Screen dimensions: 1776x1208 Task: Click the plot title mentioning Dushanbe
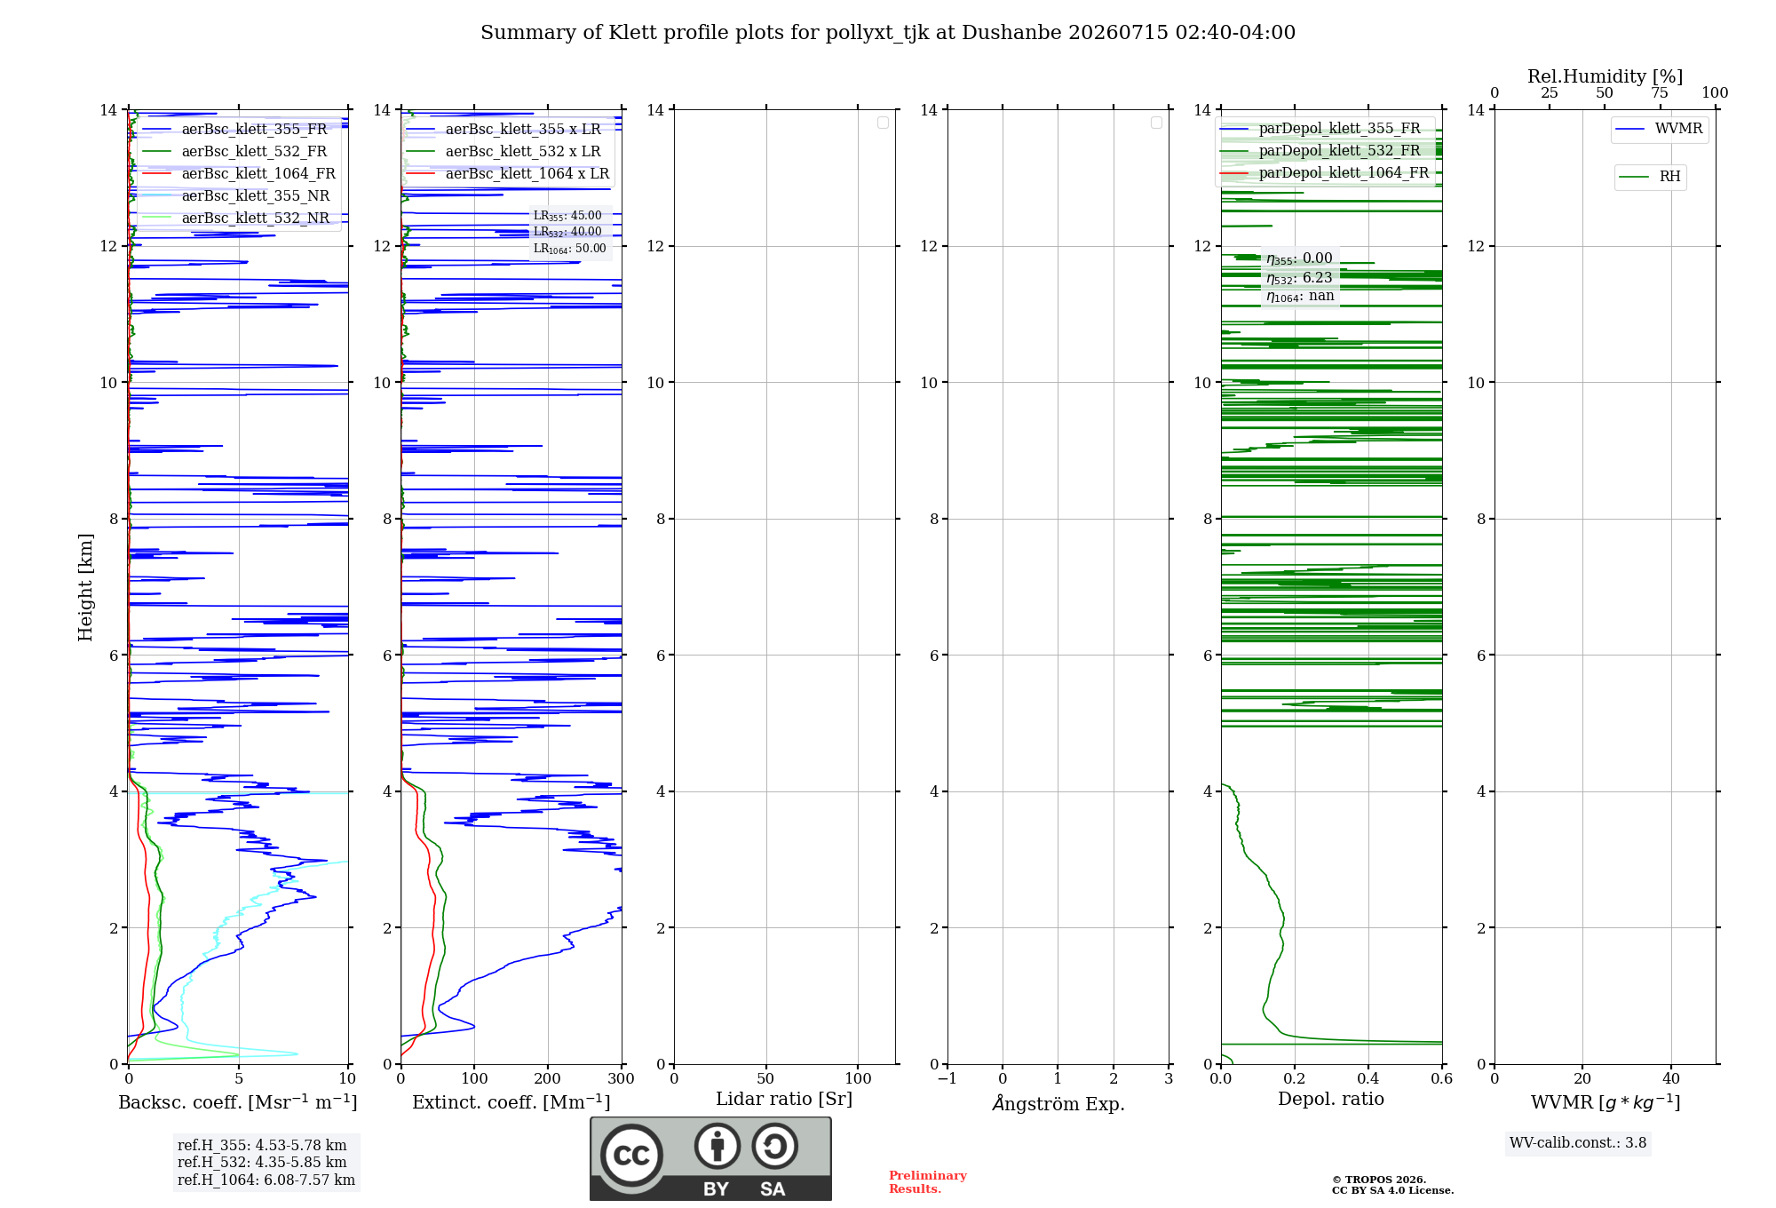pos(888,33)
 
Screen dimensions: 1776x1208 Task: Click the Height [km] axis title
pos(85,586)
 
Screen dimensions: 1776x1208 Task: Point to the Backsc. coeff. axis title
pos(238,1102)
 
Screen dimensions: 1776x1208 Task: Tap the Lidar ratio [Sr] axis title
pos(784,1100)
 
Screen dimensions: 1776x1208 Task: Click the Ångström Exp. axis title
pos(1058,1102)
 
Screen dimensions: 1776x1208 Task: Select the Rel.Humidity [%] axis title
pos(1606,76)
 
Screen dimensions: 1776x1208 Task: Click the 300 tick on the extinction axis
pos(622,1079)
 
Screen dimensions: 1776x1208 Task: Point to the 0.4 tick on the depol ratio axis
pos(1368,1079)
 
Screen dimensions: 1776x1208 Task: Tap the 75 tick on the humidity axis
pos(1660,93)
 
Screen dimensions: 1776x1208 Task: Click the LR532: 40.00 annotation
pos(567,232)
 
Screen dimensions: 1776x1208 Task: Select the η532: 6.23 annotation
pos(1299,278)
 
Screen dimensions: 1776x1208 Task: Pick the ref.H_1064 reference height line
pos(266,1180)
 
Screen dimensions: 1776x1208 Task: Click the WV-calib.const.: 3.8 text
pos(1578,1143)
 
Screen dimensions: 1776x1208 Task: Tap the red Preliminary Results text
pos(928,1182)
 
